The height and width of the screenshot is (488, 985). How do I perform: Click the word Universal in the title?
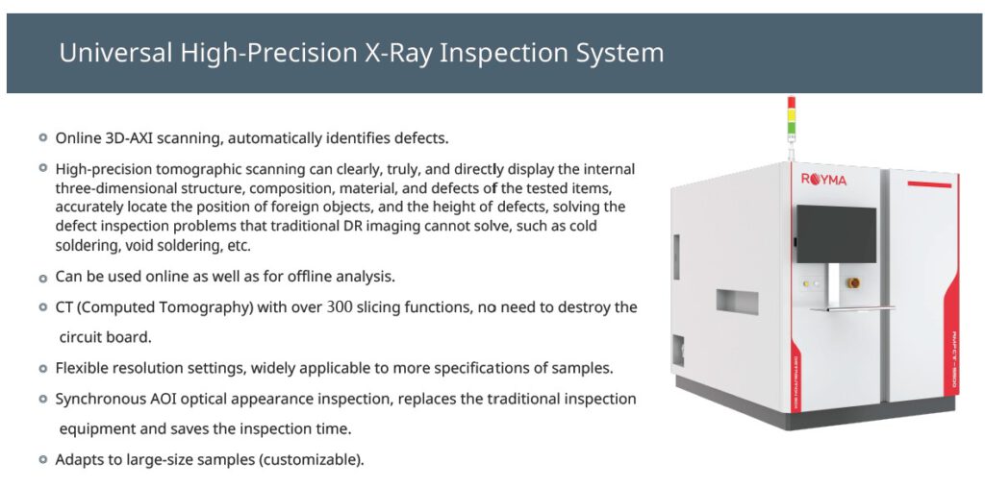115,53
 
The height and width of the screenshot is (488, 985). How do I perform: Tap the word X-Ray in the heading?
398,53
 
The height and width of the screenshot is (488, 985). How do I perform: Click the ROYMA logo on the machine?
823,181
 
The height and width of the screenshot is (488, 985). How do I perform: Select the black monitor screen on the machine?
836,233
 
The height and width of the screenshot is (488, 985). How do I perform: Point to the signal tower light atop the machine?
792,119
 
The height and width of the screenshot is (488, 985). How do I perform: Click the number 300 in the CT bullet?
341,307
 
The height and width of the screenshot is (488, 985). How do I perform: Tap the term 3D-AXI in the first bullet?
126,138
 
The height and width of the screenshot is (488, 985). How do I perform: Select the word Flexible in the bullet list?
79,368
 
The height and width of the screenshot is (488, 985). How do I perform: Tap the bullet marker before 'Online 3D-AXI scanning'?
42,137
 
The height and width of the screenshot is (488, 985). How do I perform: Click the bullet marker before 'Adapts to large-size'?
42,460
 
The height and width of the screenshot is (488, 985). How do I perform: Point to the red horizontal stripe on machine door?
929,184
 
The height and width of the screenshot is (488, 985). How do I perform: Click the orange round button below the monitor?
852,282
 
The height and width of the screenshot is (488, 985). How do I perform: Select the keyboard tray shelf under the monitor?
852,308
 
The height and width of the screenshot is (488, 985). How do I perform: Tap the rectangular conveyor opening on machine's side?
737,302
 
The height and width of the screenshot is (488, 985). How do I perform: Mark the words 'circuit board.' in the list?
106,337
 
